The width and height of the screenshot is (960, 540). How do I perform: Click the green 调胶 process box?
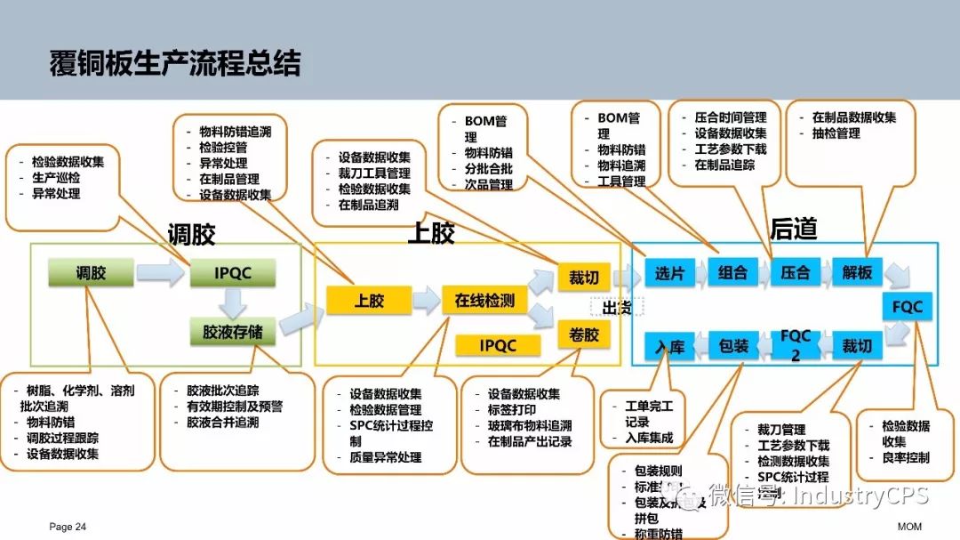91,272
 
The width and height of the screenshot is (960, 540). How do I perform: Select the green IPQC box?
233,273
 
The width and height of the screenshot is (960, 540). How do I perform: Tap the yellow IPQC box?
498,344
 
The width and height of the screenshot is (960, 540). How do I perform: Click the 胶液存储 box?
233,332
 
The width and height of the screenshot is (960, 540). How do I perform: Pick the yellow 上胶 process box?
368,301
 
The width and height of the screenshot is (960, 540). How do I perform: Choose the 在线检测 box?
484,301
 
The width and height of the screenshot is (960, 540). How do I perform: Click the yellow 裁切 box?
584,278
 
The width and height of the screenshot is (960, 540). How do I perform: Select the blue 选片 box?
669,273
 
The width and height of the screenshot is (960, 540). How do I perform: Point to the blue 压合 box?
795,273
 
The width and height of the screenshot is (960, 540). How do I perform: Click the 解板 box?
857,273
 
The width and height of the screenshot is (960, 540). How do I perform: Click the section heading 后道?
793,230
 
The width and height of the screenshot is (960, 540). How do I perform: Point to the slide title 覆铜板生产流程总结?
175,64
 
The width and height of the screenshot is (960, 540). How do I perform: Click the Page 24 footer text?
68,527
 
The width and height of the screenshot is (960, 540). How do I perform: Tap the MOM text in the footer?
908,527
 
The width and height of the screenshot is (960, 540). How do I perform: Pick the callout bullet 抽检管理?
836,133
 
